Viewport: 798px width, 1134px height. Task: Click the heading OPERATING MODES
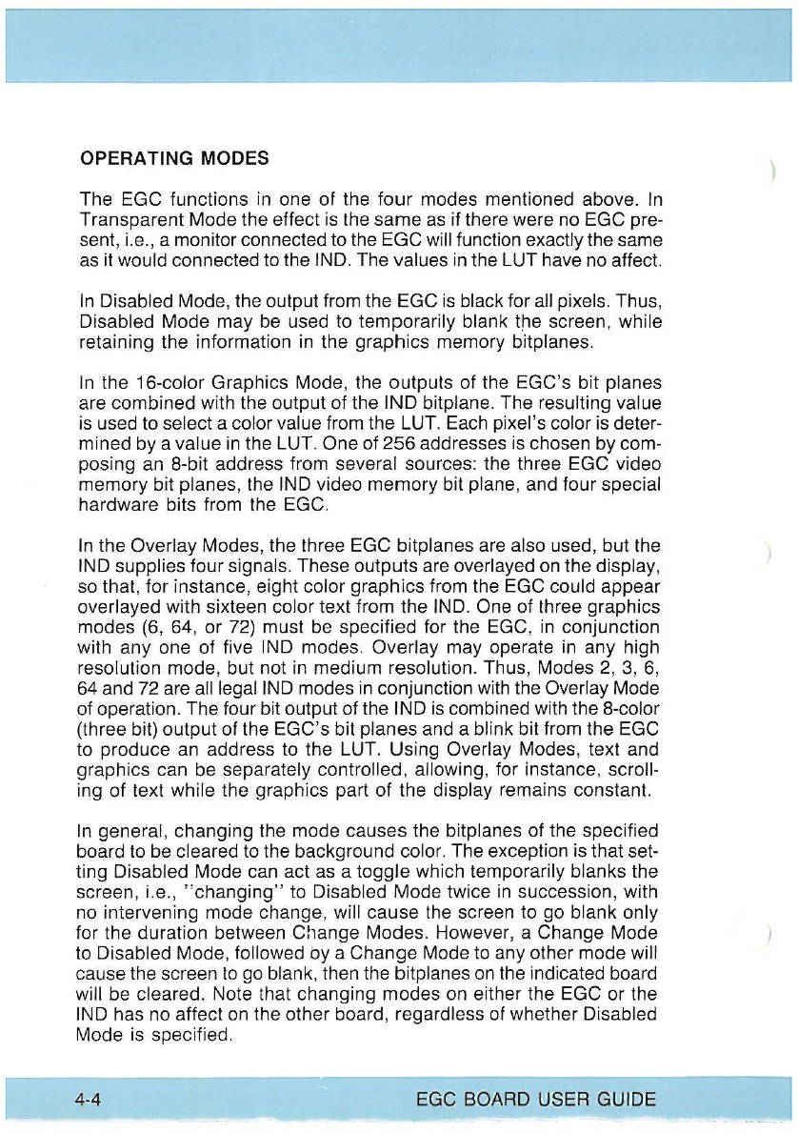pos(173,157)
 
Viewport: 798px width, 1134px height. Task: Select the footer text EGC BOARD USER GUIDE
pos(535,1100)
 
